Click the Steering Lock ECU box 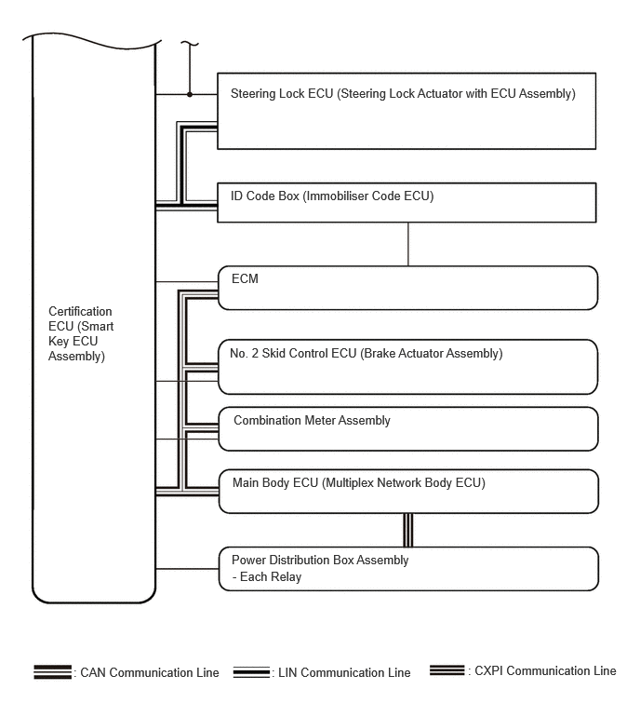[407, 111]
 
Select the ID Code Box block [407, 202]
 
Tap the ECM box [407, 288]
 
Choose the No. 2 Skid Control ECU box [407, 367]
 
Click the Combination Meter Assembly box [407, 428]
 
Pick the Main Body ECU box [407, 491]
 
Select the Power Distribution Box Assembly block [407, 568]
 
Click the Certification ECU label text [80, 333]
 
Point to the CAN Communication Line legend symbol [53, 671]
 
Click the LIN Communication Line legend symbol [251, 671]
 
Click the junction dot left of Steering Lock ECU [190, 94]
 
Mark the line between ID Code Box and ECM [407, 244]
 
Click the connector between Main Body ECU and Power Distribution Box [407, 529]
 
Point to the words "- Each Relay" [266, 576]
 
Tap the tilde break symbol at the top [190, 43]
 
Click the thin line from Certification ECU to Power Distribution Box [186, 568]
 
